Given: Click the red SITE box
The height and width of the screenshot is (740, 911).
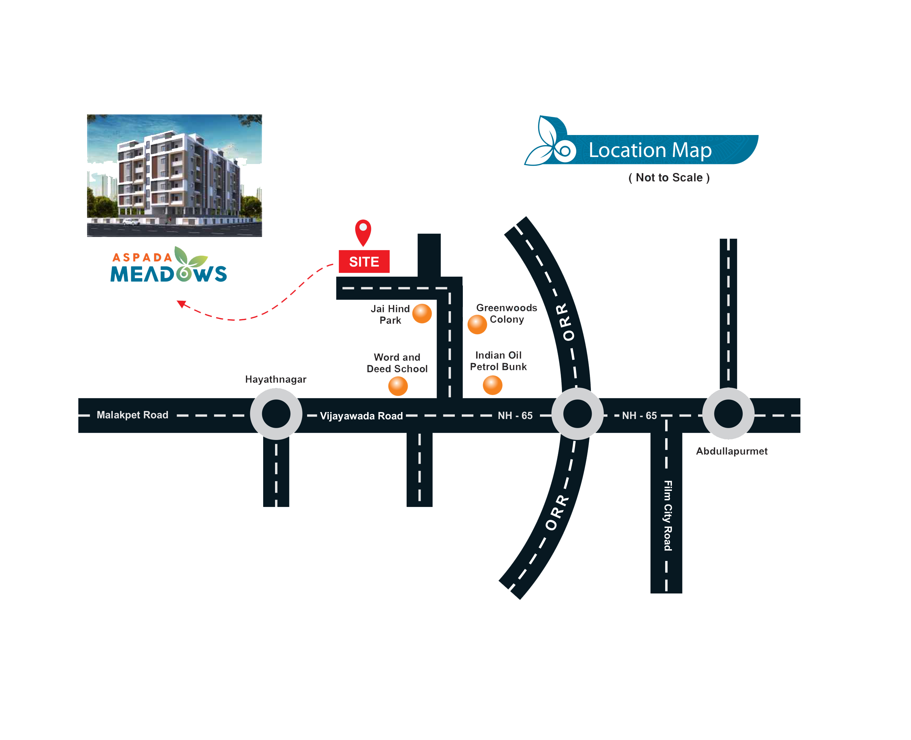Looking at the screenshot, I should (364, 261).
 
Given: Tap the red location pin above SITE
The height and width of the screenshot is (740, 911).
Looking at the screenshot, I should (363, 231).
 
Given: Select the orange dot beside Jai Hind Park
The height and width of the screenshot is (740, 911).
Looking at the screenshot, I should (422, 313).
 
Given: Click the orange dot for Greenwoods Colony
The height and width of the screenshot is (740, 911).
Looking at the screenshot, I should (477, 324).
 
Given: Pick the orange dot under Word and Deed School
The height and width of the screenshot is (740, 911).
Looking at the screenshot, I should (398, 386).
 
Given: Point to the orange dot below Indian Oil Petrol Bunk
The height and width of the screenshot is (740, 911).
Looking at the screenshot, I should (492, 385).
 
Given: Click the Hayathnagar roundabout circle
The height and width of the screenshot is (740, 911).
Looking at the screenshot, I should (276, 413).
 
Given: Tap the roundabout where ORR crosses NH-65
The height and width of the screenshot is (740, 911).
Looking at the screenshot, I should (577, 413).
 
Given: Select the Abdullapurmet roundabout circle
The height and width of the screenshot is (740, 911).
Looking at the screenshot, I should (728, 413).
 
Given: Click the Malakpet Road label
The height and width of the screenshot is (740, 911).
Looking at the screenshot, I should (132, 415).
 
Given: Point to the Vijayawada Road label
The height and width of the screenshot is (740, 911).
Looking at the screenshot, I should (361, 416).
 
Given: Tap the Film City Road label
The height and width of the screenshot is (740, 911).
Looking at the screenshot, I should (667, 515).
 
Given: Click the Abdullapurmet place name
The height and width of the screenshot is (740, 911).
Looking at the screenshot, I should (732, 451).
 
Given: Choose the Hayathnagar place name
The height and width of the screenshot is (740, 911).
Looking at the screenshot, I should (275, 379).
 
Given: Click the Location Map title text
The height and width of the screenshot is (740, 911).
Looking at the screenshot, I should (650, 150).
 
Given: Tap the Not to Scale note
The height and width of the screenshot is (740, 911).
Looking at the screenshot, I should (669, 177).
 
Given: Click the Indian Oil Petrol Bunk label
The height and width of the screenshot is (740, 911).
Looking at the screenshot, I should (498, 361).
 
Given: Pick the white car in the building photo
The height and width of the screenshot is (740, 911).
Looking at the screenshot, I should (131, 222).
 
